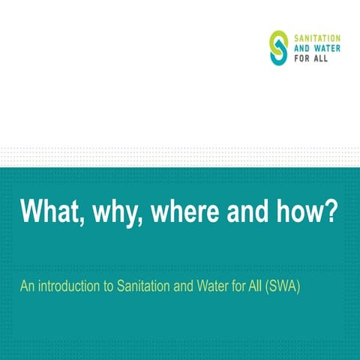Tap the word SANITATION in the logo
coord(316,37)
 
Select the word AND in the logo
coord(299,48)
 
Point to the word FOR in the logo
coord(299,59)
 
